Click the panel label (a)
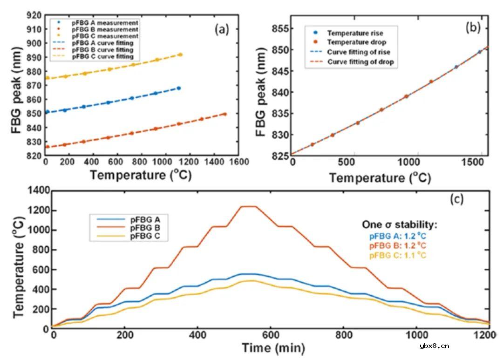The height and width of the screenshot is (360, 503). click(222, 30)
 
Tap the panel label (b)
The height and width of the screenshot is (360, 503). click(473, 27)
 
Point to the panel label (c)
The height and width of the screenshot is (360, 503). click(456, 199)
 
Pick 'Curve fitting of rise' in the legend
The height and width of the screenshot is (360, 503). click(359, 52)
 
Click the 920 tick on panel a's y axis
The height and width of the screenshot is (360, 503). click(35, 15)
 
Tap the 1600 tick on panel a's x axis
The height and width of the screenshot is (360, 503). click(240, 162)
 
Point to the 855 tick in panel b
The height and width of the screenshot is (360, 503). click(279, 28)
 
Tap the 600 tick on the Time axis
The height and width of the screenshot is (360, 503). click(271, 335)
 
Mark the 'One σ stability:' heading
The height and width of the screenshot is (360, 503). click(400, 224)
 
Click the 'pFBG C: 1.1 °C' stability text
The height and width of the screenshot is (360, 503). click(398, 255)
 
